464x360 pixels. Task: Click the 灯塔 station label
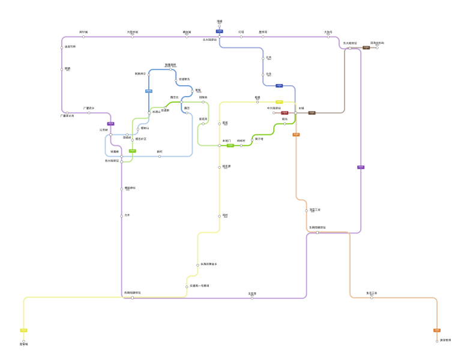(x=241, y=32)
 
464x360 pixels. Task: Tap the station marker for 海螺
(x=220, y=26)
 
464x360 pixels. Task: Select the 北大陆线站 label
(x=209, y=40)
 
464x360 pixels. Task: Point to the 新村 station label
(x=160, y=151)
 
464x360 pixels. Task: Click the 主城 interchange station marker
(x=295, y=113)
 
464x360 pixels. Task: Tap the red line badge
(x=285, y=113)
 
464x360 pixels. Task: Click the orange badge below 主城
(x=296, y=134)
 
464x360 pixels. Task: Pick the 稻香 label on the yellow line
(x=258, y=97)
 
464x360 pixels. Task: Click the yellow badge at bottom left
(x=24, y=330)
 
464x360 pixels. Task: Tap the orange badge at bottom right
(x=437, y=330)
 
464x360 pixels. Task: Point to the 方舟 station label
(x=127, y=215)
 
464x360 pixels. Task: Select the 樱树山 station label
(x=145, y=128)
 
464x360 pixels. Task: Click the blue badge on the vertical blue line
(x=149, y=91)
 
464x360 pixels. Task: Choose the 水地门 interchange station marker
(x=220, y=145)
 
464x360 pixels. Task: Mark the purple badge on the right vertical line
(x=361, y=167)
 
